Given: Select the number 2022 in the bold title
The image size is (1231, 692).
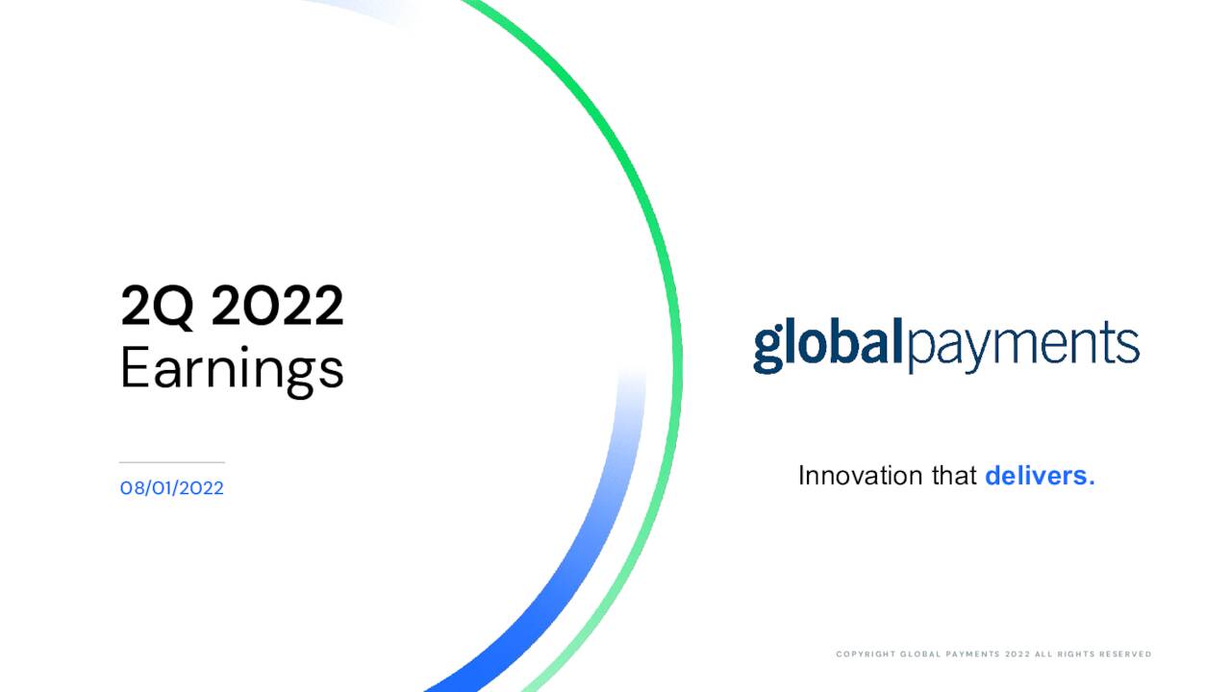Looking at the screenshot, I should point(277,308).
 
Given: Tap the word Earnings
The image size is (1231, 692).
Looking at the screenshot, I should point(232,370).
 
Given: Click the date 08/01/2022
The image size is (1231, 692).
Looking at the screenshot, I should point(171,488).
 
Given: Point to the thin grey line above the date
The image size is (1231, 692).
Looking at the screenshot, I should point(171,462).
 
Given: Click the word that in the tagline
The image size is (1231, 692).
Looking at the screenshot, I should point(954,476).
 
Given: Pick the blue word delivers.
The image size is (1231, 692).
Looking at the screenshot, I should point(1040,476).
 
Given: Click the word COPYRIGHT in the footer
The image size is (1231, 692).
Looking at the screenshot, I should point(865,655).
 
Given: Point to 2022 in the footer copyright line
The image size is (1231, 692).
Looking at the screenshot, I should point(1017,655).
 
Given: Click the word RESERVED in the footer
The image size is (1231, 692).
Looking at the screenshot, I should point(1122,655).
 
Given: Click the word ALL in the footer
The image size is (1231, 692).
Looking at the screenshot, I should point(1043,655).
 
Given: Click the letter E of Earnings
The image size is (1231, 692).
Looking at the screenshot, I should point(134,368).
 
